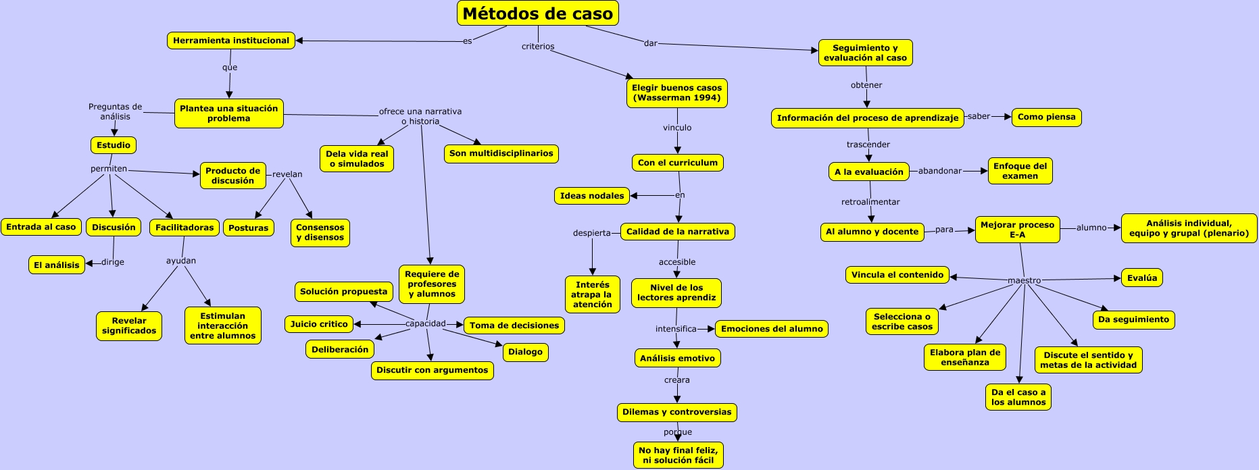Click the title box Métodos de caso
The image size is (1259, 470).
click(x=537, y=14)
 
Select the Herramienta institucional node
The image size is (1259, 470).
click(x=231, y=41)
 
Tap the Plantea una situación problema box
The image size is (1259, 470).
click(x=229, y=113)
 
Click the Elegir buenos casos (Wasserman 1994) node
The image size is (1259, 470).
click(x=676, y=93)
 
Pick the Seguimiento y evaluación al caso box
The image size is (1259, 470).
click(x=865, y=53)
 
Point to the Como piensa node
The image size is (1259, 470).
click(x=1046, y=117)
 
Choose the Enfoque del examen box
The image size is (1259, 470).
click(x=1020, y=171)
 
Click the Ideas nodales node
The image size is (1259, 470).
click(x=592, y=196)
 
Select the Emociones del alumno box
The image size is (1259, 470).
click(x=772, y=329)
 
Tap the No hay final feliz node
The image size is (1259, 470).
click(x=678, y=455)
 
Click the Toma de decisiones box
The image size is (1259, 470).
click(x=514, y=325)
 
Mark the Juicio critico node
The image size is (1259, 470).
click(x=319, y=324)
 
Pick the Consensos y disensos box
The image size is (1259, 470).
click(x=320, y=232)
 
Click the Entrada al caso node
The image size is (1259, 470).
click(x=41, y=227)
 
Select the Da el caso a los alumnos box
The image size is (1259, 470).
click(x=1018, y=397)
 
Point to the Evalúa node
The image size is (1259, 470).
click(x=1142, y=278)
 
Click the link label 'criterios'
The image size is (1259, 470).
click(x=538, y=47)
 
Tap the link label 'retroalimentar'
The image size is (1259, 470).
click(x=870, y=202)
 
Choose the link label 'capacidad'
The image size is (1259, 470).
click(x=426, y=323)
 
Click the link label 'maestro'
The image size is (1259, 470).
click(x=1025, y=280)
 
